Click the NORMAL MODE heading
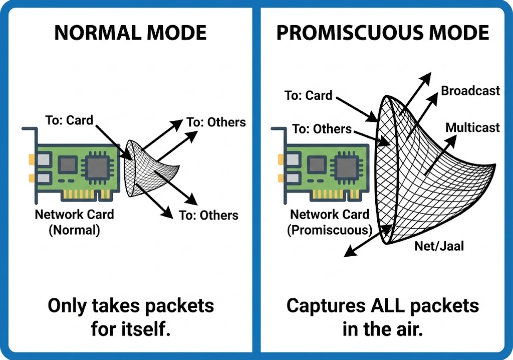(x=130, y=33)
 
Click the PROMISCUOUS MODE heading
(x=382, y=33)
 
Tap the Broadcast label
(x=470, y=91)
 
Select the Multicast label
(x=472, y=127)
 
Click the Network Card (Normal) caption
(x=74, y=222)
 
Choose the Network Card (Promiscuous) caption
(x=329, y=222)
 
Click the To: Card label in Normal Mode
(x=69, y=120)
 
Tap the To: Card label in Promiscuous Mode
(x=308, y=95)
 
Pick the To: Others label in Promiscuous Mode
(x=322, y=129)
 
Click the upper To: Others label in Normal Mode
(x=216, y=123)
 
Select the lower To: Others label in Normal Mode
(x=208, y=216)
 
